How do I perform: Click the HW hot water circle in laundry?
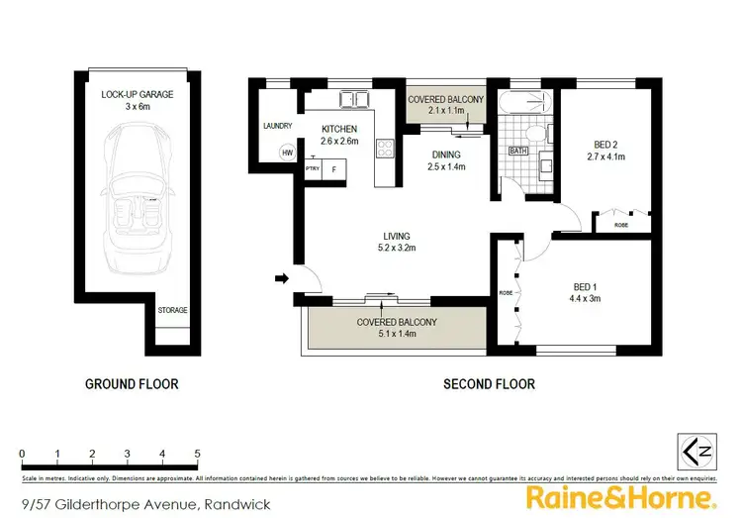288,153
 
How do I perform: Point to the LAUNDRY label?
277,126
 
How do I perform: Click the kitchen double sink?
353,99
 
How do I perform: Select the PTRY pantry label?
314,169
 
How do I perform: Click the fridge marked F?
334,169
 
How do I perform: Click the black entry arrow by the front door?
282,278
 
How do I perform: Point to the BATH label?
517,151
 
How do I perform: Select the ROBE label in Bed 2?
620,225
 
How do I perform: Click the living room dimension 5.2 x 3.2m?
396,249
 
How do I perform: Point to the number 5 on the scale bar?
198,454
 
